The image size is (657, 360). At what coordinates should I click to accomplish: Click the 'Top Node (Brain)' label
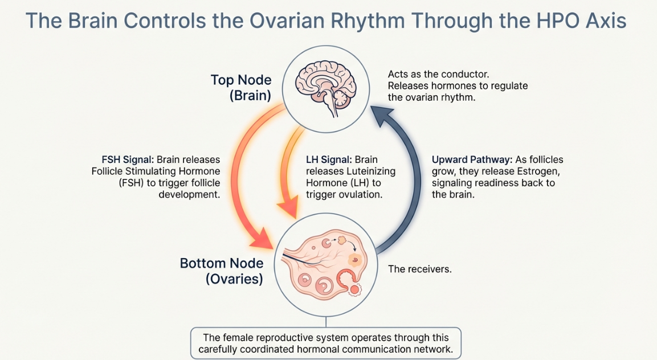(241, 87)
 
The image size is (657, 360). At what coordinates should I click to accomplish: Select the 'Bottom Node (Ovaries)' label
(222, 271)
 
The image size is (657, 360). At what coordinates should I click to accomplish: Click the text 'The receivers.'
(419, 269)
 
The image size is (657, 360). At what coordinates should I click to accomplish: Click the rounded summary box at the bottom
(327, 343)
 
